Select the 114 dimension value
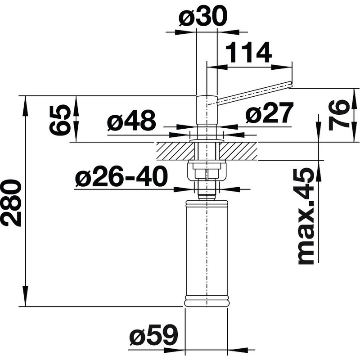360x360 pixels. [x=248, y=53]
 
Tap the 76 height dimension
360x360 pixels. [x=339, y=115]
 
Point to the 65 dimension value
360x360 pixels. [x=60, y=120]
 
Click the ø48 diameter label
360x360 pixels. [x=131, y=121]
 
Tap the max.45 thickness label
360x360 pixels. [x=306, y=216]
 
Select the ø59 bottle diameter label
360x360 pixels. [x=153, y=335]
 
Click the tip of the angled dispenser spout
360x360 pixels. [x=290, y=83]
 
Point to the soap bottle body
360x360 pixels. [x=207, y=252]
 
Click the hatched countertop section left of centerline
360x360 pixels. [x=173, y=151]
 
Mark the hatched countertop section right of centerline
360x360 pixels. [x=240, y=151]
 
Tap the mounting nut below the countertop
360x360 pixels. [x=206, y=171]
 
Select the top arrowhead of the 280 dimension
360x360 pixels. [x=26, y=101]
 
